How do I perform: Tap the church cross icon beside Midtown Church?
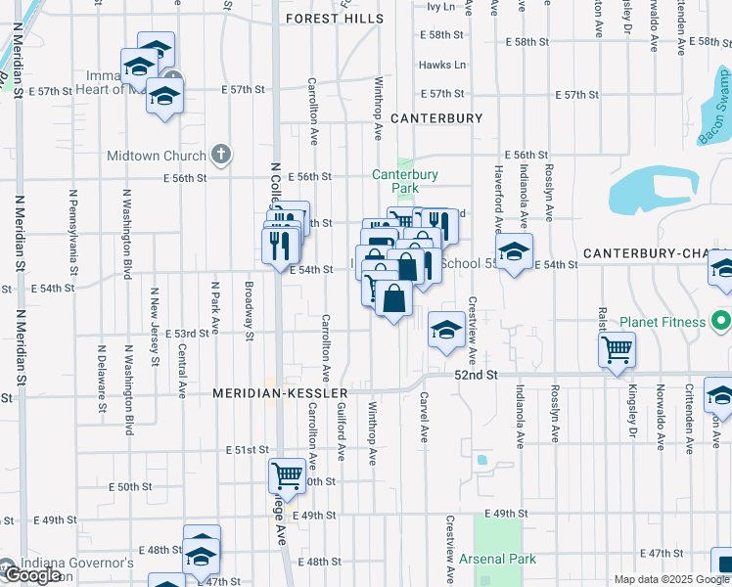point(221,155)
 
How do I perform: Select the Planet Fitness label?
point(663,322)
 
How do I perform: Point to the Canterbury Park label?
point(404,181)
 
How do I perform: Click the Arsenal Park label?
point(495,560)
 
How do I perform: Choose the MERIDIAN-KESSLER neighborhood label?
point(268,393)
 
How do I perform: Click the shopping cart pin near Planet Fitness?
point(617,349)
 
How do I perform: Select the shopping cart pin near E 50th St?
point(287,476)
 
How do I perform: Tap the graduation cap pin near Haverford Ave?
point(514,252)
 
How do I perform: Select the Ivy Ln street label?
point(442,6)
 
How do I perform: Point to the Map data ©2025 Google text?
point(671,579)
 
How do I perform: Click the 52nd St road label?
point(476,375)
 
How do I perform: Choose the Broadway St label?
point(250,311)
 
